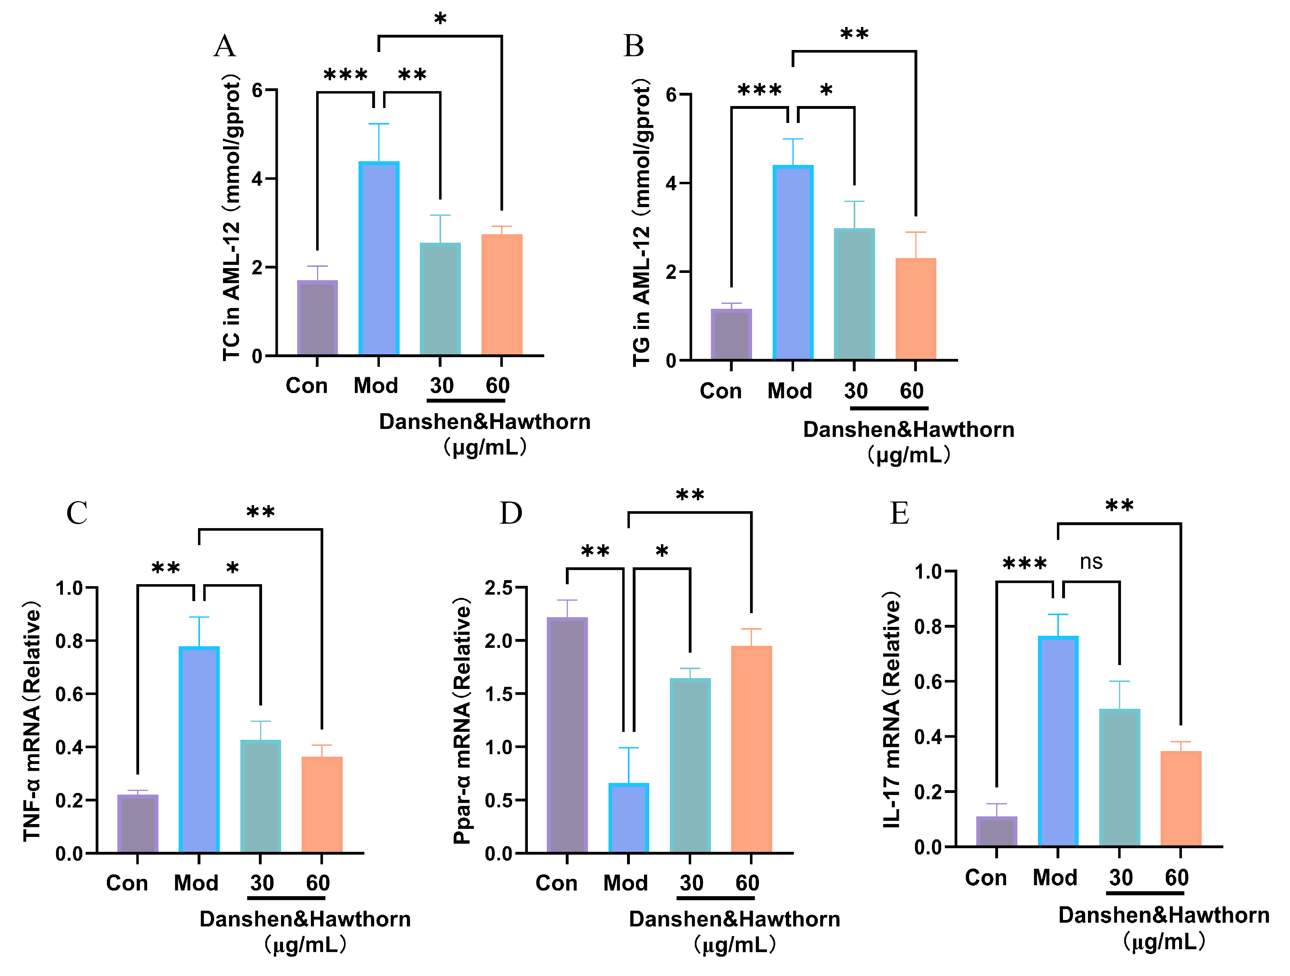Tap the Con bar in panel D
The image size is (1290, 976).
[x=567, y=735]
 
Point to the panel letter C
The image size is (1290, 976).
[x=77, y=513]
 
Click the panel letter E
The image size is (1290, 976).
[x=899, y=513]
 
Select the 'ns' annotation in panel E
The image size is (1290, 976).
[x=1090, y=562]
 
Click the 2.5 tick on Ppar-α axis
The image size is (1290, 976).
[x=499, y=588]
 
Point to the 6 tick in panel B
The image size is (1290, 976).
[x=671, y=94]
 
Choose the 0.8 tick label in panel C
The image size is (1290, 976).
[x=69, y=641]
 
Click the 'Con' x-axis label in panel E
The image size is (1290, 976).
[x=986, y=878]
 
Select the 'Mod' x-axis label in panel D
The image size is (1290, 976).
[x=625, y=883]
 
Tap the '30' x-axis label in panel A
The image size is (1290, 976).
[x=442, y=385]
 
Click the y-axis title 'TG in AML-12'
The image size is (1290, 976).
[x=642, y=222]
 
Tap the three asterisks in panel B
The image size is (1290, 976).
[x=759, y=90]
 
